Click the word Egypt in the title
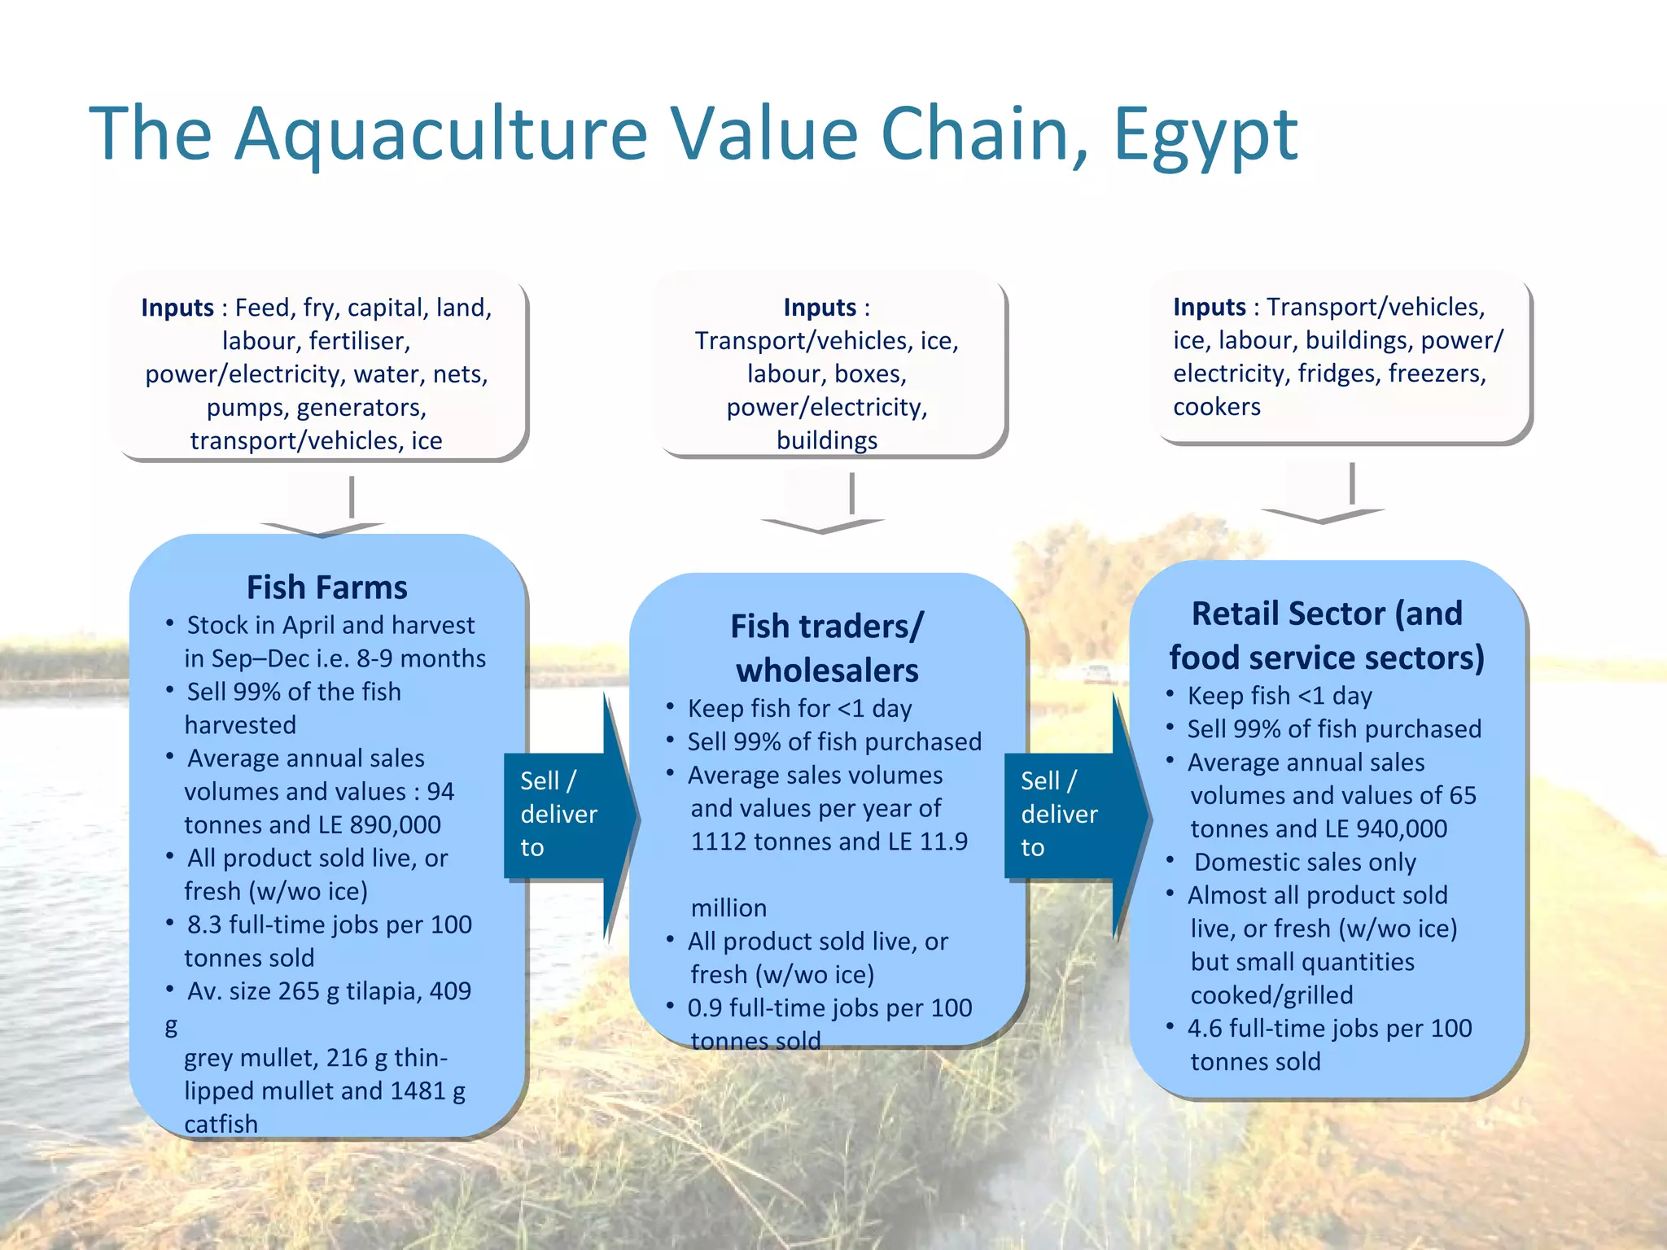[1205, 134]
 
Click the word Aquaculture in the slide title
[440, 134]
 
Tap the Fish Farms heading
[326, 588]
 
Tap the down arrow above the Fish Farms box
[326, 513]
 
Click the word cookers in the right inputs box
[1216, 407]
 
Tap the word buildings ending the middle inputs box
[827, 441]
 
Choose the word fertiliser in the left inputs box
[360, 341]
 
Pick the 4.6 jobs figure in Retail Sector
[1205, 1029]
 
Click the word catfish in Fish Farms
[221, 1125]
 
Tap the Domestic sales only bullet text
[1305, 863]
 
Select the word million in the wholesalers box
[728, 908]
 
